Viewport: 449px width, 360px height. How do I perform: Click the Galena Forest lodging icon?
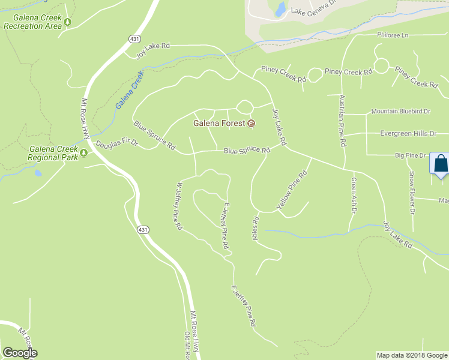[x=251, y=124]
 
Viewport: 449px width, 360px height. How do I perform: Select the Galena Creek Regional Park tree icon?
[x=84, y=152]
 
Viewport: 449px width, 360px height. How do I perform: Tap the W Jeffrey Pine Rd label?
[x=179, y=207]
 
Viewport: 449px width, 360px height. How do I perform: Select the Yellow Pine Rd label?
[x=292, y=190]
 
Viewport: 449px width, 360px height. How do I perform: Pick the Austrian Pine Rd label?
[x=342, y=121]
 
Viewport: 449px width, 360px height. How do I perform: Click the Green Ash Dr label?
[x=354, y=195]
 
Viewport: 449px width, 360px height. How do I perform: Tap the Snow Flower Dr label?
[x=412, y=192]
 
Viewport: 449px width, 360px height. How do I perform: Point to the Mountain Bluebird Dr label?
[x=400, y=111]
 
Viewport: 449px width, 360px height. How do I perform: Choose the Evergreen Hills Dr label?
[x=408, y=133]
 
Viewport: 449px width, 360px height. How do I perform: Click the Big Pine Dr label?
[x=410, y=155]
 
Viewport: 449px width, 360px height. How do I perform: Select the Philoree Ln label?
[x=393, y=35]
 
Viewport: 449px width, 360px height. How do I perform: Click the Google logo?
[x=20, y=353]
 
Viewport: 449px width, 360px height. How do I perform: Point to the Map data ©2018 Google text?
[x=411, y=355]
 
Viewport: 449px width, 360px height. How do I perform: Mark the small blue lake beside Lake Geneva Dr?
[x=280, y=8]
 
